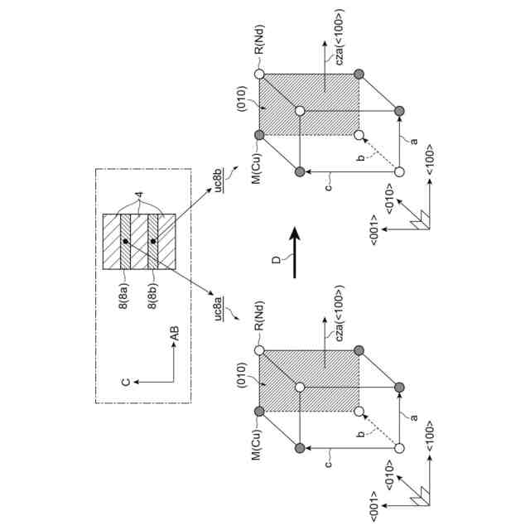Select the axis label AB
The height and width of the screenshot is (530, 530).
click(174, 334)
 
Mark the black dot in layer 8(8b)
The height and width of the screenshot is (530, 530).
click(152, 241)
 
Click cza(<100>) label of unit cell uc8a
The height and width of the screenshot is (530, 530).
click(333, 313)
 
